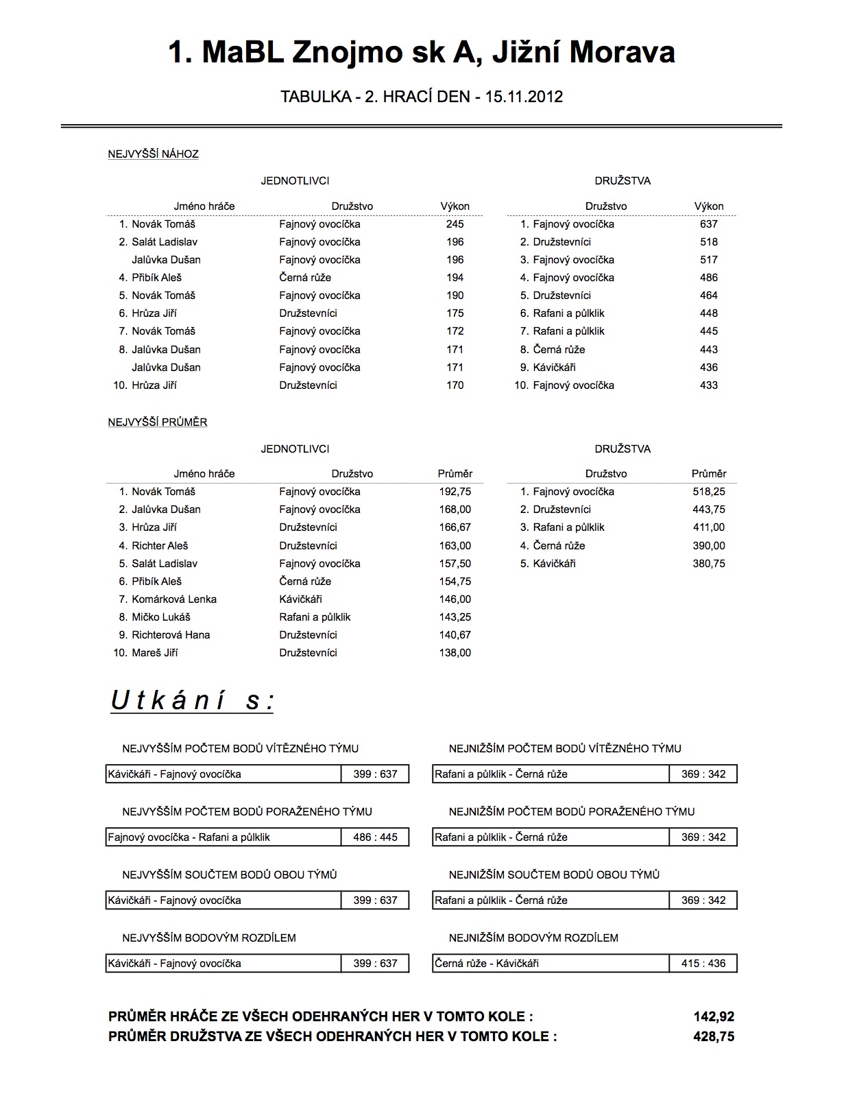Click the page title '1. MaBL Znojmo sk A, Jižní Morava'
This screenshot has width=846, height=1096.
coord(422,53)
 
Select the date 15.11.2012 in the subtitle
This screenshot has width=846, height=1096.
coord(524,97)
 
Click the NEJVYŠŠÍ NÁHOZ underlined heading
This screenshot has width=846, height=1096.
coord(153,154)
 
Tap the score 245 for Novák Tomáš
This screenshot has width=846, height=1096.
coord(455,224)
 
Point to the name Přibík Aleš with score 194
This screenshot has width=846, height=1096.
coord(156,278)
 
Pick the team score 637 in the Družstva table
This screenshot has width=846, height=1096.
coord(709,224)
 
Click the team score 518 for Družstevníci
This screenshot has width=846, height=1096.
coord(709,242)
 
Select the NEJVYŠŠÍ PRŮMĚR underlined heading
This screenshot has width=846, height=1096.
coord(157,422)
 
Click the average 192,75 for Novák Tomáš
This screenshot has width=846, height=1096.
coord(455,492)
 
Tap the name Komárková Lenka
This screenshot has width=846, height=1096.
coord(174,599)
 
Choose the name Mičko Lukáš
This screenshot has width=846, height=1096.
coord(161,617)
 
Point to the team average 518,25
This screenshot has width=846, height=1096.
coord(709,492)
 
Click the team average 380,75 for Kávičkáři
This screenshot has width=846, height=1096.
coord(709,564)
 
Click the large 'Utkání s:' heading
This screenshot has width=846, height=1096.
coord(192,701)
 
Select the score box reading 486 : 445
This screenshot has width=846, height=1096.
coord(375,837)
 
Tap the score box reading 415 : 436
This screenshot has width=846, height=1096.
coord(703,964)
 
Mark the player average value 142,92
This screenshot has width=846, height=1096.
coord(714,1017)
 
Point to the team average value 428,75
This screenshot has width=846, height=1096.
coord(714,1036)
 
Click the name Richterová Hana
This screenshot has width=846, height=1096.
coord(171,635)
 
